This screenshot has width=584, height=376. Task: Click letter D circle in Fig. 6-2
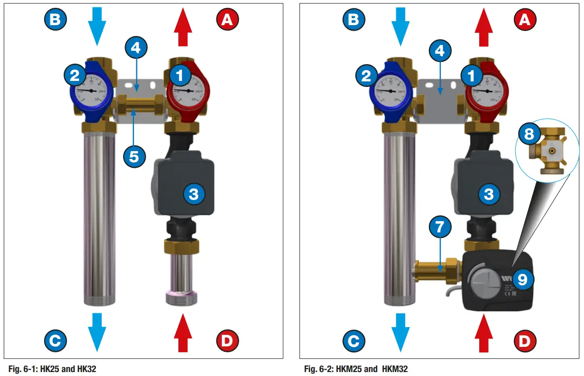[523, 340]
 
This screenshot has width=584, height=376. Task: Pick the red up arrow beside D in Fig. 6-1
[183, 334]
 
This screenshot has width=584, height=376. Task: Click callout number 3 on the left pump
[194, 194]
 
